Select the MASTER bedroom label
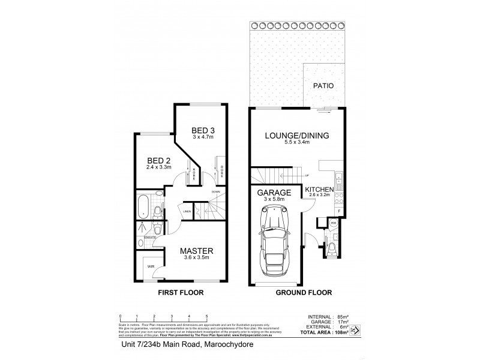[197, 250]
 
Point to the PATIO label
[323, 86]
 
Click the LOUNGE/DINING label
[298, 136]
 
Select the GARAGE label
[274, 193]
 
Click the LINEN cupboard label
[187, 211]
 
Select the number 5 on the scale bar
[207, 315]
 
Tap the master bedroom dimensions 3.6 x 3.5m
[197, 258]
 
